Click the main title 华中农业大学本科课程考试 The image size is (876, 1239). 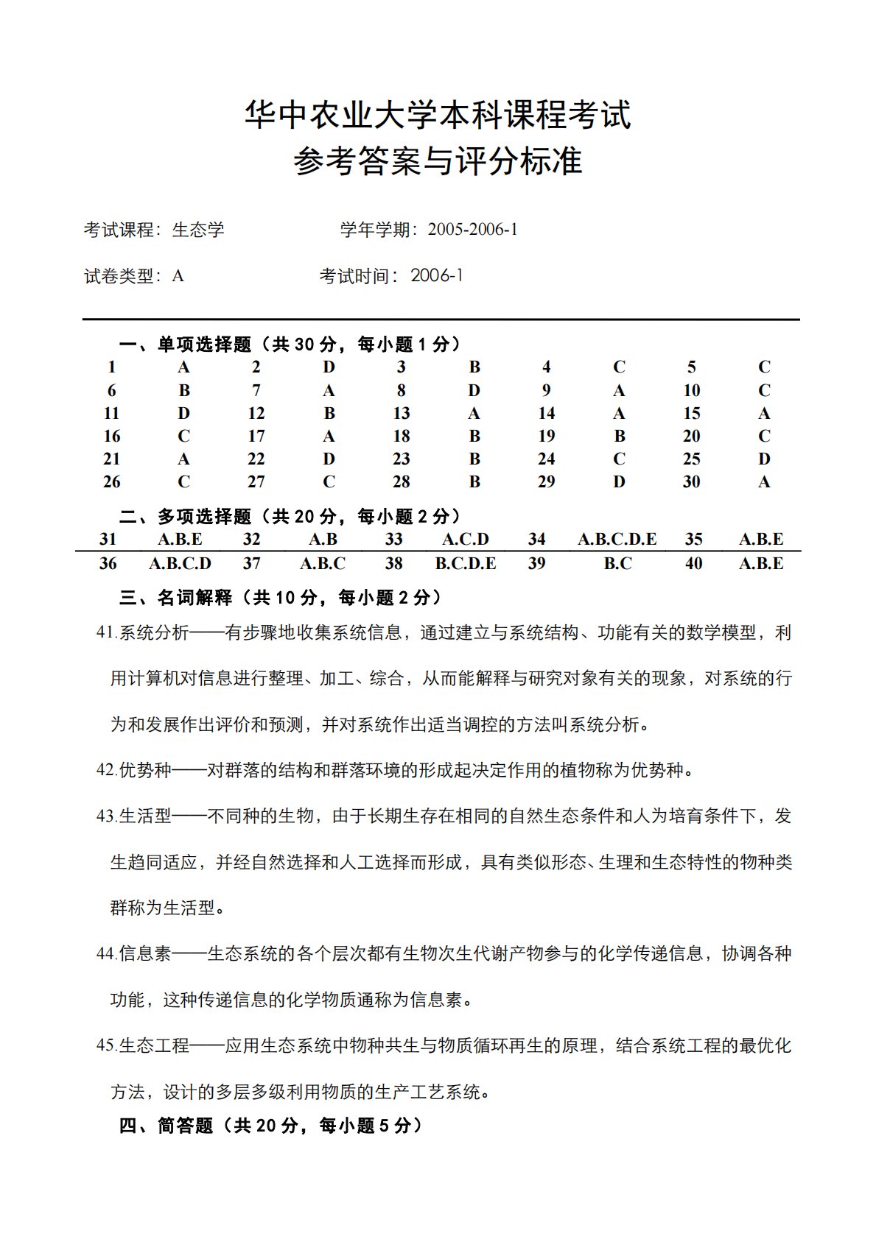(438, 116)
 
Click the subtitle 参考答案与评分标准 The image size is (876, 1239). (438, 161)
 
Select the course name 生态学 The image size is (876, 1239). (198, 230)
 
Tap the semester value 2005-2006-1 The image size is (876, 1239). (472, 230)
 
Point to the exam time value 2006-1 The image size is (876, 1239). (437, 276)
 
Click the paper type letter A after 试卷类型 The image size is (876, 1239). (178, 276)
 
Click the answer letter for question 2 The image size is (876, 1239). (329, 367)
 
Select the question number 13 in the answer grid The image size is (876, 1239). (402, 413)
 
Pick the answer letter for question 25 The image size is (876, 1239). (764, 459)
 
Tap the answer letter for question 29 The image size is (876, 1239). (619, 481)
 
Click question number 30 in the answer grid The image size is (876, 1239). (691, 481)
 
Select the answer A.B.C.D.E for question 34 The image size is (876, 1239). (617, 539)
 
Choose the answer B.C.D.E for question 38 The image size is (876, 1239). (466, 563)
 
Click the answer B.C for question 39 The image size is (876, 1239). (617, 563)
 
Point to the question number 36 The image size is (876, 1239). (108, 563)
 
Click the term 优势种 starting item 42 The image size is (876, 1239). (145, 770)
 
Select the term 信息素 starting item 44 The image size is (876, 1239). (145, 953)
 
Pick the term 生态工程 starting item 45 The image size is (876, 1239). (154, 1045)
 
